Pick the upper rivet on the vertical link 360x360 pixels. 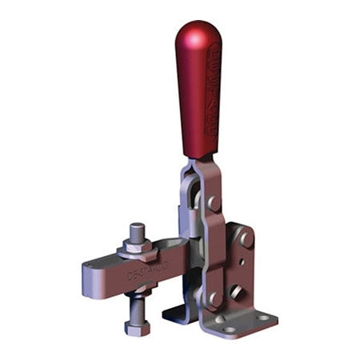(x=214, y=203)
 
